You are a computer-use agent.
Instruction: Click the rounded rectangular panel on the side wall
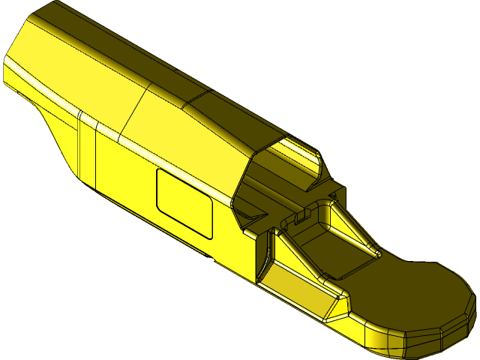[x=184, y=201]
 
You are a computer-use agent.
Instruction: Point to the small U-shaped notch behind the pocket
[x=300, y=217]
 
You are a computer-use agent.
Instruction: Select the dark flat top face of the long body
[x=112, y=52]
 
